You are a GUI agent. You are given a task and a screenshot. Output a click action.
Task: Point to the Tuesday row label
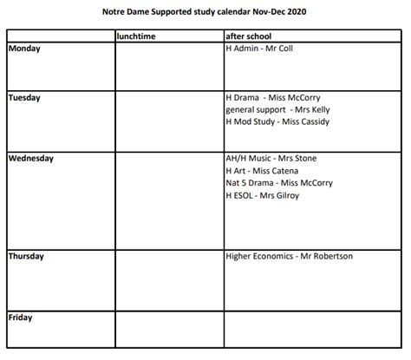25,98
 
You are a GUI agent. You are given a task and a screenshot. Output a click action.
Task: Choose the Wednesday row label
31,159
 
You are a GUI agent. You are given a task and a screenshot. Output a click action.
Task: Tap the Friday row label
21,317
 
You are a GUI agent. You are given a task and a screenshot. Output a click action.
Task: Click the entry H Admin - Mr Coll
258,49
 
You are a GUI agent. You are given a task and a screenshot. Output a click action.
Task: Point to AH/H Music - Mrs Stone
270,159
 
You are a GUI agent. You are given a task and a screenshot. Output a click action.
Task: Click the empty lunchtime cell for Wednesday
168,200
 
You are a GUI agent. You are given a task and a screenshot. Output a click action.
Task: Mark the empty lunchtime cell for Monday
168,65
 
